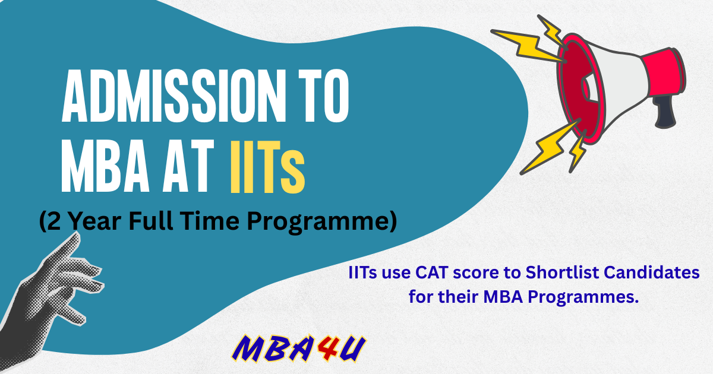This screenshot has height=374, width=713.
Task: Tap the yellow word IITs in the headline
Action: [x=267, y=167]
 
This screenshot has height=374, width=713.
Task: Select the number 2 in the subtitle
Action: [x=54, y=221]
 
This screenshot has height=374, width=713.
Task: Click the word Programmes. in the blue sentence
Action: [x=583, y=297]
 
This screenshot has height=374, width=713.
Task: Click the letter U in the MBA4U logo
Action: [x=352, y=348]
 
